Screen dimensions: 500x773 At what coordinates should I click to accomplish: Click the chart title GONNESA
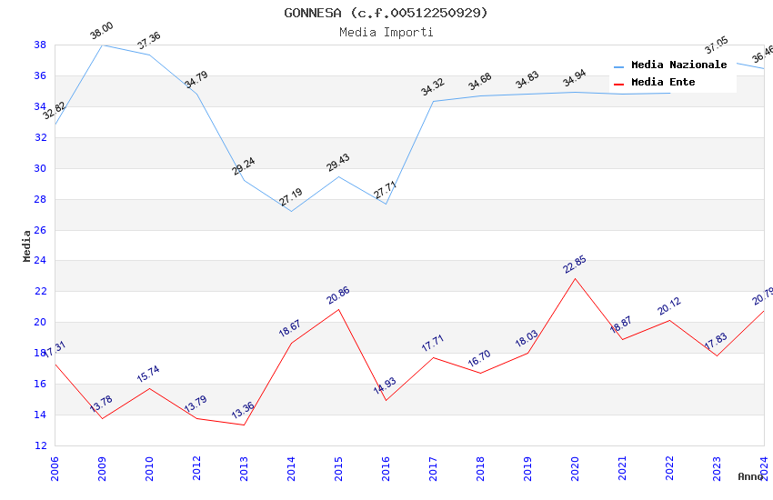386,13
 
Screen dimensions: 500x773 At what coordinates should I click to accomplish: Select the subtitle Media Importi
386,32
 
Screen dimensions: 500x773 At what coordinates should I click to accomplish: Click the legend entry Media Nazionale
678,65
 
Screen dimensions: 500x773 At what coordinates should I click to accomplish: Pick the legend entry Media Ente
663,83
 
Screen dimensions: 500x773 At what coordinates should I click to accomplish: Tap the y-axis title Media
27,245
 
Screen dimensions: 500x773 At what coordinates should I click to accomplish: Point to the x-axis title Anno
750,476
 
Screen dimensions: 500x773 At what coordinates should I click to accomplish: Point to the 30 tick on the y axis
41,168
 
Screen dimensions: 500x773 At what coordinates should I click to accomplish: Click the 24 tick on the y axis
41,261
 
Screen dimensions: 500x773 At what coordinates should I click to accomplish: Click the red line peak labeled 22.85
575,265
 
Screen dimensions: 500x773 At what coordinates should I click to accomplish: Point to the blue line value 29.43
337,164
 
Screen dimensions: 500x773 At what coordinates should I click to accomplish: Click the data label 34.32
432,88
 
